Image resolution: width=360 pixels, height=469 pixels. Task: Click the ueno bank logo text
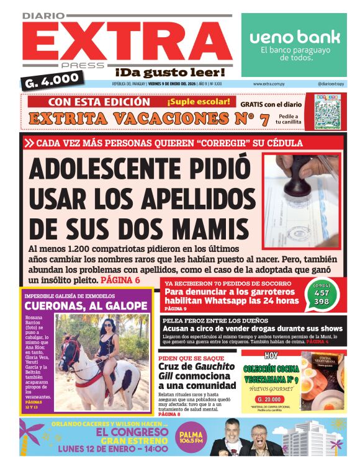pyautogui.click(x=295, y=37)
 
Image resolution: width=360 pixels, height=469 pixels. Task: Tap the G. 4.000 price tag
pyautogui.click(x=52, y=79)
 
